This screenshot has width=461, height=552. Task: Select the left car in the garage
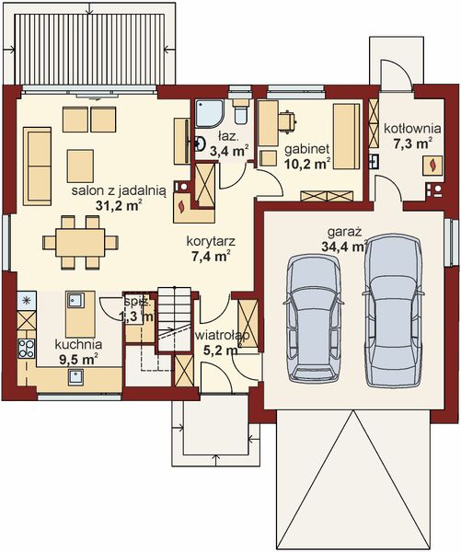(313, 316)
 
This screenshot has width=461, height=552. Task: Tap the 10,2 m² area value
(306, 165)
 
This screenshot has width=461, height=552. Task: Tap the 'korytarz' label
(210, 242)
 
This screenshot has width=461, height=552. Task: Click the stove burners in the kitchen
(26, 348)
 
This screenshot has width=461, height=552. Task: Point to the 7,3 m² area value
(411, 144)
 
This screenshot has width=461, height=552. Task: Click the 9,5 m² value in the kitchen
(76, 359)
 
